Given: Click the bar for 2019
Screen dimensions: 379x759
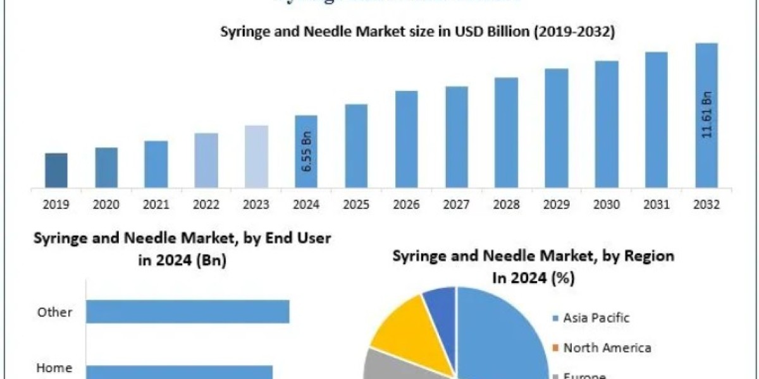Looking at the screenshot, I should (x=56, y=171).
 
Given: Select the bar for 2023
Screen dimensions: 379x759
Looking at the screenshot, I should (x=256, y=157).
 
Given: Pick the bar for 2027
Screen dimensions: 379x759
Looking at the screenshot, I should (x=457, y=137).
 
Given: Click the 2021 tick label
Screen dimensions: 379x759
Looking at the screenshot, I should (x=156, y=205).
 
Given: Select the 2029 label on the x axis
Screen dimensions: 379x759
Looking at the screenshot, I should (x=557, y=205).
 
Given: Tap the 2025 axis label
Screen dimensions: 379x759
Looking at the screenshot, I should (x=356, y=205).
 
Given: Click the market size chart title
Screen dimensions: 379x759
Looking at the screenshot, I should (x=417, y=32).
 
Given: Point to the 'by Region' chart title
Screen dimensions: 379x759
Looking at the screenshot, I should (x=533, y=266).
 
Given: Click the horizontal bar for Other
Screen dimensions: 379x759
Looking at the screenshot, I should (x=187, y=311).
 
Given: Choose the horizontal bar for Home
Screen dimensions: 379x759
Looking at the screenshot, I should (x=179, y=372).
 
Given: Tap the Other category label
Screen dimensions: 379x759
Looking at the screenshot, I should (x=54, y=312).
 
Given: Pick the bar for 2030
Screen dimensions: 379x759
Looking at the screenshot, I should (x=607, y=124).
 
